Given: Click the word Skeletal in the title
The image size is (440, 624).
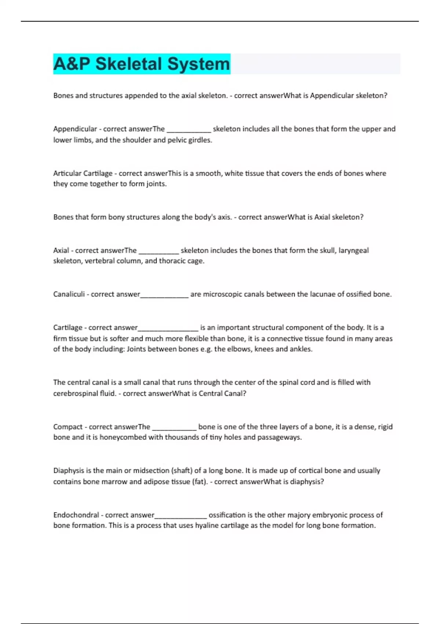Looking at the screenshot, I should pos(129,64).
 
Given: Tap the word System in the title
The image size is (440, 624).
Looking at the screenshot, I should pos(198,64).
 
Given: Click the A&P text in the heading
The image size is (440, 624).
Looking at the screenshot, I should pos(71,64).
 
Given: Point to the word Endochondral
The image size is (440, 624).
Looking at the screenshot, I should pos(76,515).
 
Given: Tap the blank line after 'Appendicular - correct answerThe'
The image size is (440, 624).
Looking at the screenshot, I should pos(189,130).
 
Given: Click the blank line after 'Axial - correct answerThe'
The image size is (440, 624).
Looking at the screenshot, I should pos(159,251).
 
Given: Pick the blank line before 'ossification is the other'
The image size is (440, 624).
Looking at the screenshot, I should pos(181,516).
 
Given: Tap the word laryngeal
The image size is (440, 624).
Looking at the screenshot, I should pos(353,250).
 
